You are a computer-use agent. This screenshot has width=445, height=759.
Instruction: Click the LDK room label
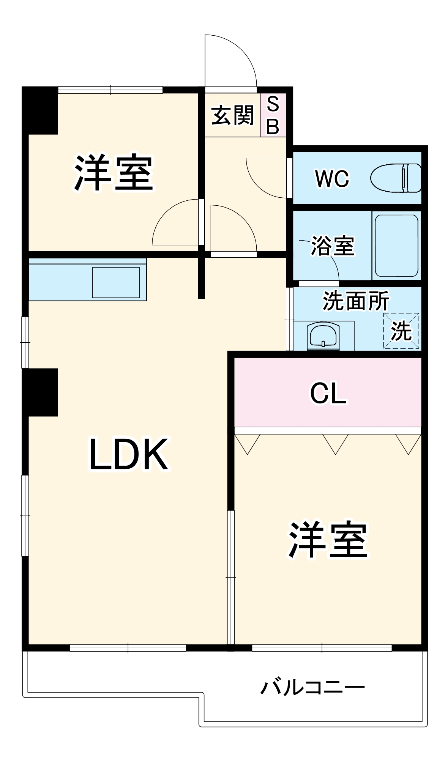pos(128,455)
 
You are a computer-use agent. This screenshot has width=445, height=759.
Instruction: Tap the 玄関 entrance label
pos(232,115)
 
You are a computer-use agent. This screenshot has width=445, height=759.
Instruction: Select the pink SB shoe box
pos(273,115)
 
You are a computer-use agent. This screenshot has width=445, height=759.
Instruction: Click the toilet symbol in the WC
pos(396,178)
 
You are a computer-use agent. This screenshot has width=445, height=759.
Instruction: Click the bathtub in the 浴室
pos(396,246)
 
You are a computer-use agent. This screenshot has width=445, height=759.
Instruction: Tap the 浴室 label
pos(333,246)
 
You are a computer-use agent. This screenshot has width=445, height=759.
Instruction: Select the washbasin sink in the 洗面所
pos(323,335)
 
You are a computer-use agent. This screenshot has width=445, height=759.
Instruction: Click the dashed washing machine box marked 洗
pos(401,331)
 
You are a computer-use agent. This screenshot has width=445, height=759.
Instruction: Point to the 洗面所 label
pos(356,301)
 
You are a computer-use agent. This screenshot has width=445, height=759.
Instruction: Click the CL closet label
pos(328,393)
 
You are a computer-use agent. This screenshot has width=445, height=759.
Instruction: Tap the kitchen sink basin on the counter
pos(116,282)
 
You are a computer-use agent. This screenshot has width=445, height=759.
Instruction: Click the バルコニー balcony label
pos(312,687)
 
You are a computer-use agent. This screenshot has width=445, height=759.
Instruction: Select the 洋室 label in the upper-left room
pos(114,173)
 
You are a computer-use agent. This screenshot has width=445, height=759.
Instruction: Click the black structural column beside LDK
pos(40,392)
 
